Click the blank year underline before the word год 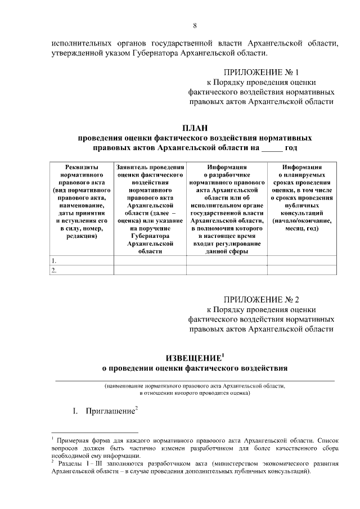[273, 148]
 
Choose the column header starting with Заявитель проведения [150, 210]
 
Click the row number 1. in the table [54, 261]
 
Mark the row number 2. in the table [54, 271]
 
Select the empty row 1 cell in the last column [302, 261]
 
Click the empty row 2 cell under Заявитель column [150, 271]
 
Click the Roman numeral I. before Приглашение [74, 411]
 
